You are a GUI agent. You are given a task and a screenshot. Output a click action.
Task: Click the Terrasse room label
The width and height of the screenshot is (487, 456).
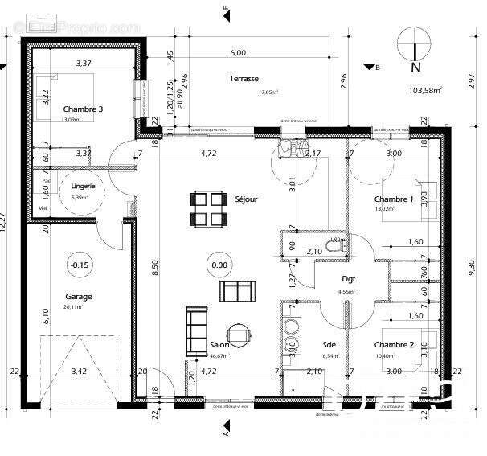(243, 79)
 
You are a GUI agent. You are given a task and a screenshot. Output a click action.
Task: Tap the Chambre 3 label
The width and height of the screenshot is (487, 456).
(83, 109)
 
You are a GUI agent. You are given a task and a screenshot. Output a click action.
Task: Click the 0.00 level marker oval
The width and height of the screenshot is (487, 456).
(219, 264)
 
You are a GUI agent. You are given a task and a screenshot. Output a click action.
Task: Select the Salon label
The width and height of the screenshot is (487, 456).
(198, 345)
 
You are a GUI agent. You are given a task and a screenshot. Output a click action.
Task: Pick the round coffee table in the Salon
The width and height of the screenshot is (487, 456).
(239, 335)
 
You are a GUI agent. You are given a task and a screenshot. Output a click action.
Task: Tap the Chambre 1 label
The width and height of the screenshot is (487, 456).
(394, 199)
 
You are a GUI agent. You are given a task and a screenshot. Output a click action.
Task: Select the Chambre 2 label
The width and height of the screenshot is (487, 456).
(394, 345)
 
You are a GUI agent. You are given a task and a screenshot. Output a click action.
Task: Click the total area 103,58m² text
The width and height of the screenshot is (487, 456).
(426, 91)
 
